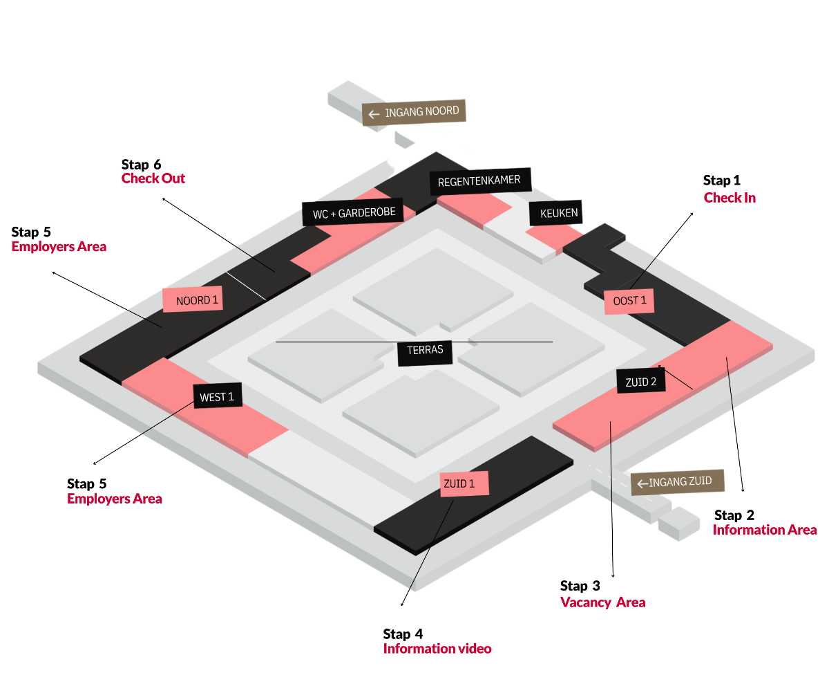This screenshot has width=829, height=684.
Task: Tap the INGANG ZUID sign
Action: point(677,482)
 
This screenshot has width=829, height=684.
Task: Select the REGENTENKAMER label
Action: point(484,182)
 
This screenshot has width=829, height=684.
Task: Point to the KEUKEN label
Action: point(555,213)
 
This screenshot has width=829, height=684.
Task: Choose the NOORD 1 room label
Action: point(193,299)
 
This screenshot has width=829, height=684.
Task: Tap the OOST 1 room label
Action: point(629,301)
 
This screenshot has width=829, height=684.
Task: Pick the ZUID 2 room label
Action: point(641,381)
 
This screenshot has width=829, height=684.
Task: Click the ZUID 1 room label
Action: point(464,483)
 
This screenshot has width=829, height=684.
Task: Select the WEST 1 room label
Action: point(218,397)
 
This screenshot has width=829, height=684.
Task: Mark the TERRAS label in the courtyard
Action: point(425,351)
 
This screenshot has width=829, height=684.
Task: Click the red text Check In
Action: point(730,198)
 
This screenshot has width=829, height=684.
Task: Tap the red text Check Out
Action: point(153,178)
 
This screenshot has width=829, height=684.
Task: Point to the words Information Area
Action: point(765,530)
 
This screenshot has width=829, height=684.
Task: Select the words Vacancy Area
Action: point(602,602)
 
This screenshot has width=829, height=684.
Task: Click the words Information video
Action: point(437,649)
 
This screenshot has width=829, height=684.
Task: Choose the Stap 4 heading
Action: point(403,634)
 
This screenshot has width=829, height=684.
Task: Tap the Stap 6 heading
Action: point(141,164)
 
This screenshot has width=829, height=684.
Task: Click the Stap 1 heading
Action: point(721,181)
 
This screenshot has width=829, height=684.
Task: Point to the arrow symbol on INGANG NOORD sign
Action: point(374,114)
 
